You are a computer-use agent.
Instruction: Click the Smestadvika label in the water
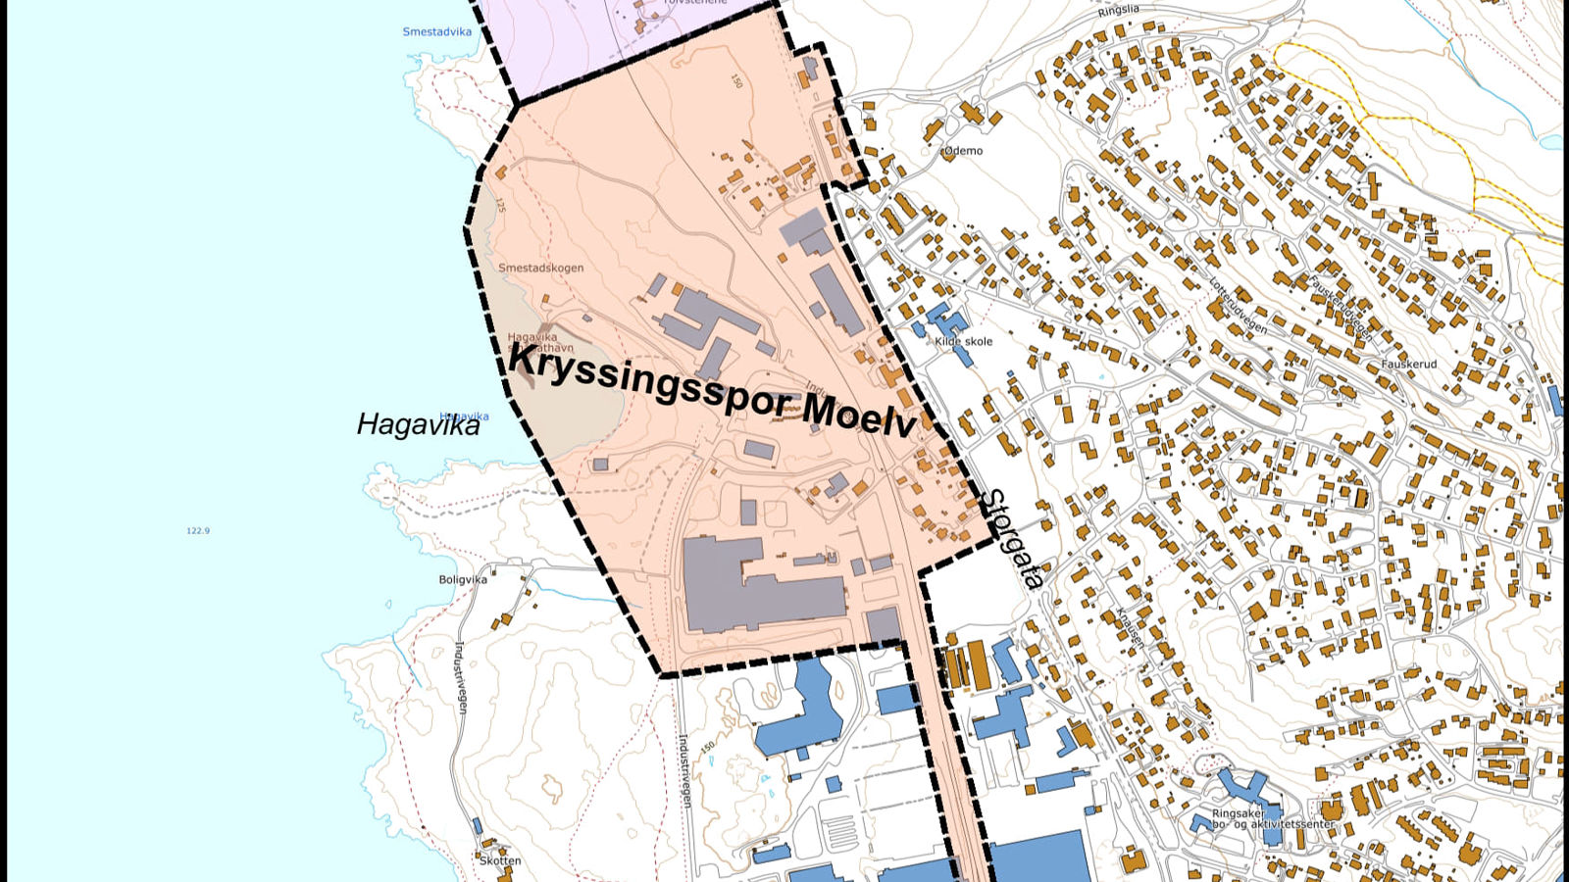(x=436, y=31)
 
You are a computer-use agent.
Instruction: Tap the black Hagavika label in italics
(x=418, y=424)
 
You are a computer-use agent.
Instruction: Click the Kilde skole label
(x=963, y=341)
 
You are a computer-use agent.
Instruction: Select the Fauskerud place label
(x=1408, y=364)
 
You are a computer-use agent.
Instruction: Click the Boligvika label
(x=463, y=579)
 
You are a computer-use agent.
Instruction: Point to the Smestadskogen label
(x=540, y=268)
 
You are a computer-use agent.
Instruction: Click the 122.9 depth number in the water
(x=198, y=530)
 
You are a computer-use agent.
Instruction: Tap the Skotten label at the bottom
(x=500, y=860)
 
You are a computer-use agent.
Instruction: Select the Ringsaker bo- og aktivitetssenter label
(x=1273, y=818)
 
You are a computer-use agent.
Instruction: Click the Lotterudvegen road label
(x=1238, y=307)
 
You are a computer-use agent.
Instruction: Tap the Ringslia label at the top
(x=1119, y=10)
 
